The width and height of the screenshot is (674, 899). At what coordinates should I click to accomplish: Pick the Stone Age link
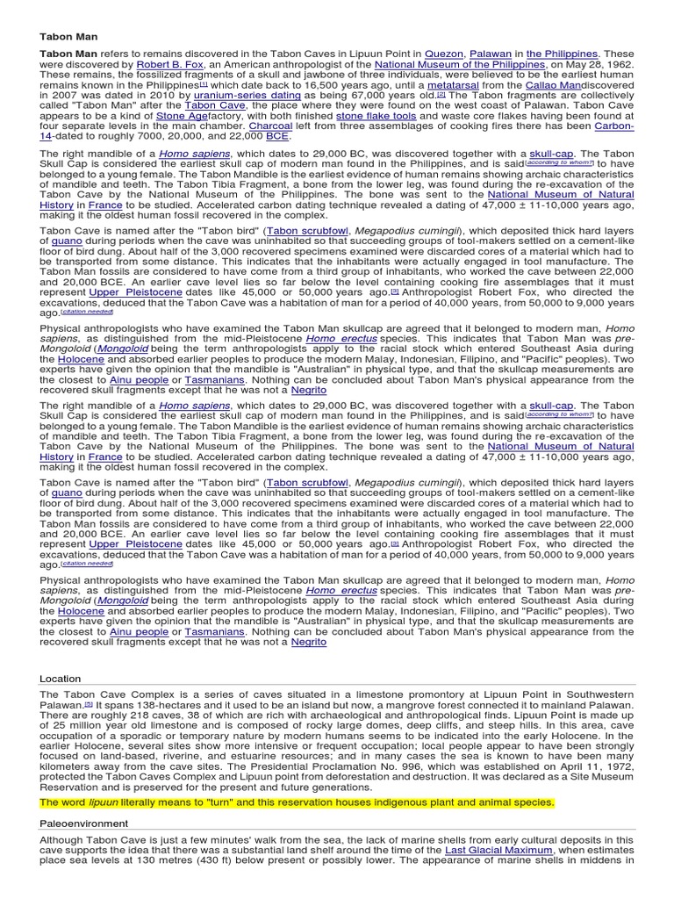click(183, 118)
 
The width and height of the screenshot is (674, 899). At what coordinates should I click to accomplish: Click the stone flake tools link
click(376, 118)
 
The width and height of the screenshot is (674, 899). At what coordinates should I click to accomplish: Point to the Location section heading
click(61, 679)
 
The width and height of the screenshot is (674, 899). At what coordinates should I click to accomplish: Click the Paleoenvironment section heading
click(83, 823)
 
